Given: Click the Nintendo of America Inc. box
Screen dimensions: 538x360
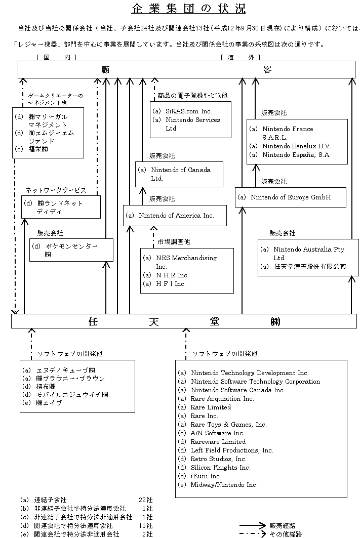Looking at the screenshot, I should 175,216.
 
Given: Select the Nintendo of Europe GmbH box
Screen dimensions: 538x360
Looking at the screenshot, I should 291,197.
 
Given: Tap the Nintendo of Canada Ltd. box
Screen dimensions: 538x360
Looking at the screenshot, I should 179,174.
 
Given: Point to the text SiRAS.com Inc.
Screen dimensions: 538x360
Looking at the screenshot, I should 181,111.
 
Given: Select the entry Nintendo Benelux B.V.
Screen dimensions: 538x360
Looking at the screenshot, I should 296,146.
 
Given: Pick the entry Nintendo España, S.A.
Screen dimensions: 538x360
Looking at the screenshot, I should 296,155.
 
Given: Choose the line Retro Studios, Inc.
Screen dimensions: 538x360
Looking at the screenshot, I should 218,459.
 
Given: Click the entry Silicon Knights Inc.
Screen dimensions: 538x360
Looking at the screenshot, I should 220,468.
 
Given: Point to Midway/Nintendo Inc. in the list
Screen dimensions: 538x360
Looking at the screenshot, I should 224,485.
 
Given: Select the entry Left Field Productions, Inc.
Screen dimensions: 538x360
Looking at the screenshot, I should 231,450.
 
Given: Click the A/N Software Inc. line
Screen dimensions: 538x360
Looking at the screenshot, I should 217,433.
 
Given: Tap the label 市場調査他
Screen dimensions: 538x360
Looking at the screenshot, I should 174,242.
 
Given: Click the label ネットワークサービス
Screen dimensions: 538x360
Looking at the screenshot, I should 56,190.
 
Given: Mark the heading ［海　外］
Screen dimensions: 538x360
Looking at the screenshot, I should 241,58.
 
